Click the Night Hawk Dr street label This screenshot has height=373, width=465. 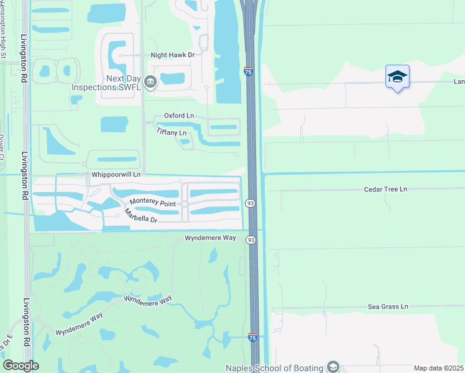(173, 55)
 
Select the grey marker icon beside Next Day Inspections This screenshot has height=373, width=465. (150, 81)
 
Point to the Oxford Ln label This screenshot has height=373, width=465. (179, 116)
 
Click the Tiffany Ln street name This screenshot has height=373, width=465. (171, 132)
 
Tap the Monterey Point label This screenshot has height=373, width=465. (153, 203)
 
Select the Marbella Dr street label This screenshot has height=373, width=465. (140, 216)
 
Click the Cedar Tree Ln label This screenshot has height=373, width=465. (385, 188)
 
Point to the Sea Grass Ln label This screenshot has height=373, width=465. (387, 306)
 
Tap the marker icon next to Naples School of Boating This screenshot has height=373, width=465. (334, 367)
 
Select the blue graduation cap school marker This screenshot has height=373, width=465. (397, 77)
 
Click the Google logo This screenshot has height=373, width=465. (21, 366)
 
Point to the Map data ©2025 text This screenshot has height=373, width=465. (438, 368)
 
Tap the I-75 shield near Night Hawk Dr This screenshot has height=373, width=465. (248, 72)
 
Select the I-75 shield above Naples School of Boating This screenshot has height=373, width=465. (252, 337)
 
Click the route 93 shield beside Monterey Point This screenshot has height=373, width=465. (251, 203)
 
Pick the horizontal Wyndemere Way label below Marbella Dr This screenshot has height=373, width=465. (210, 238)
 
